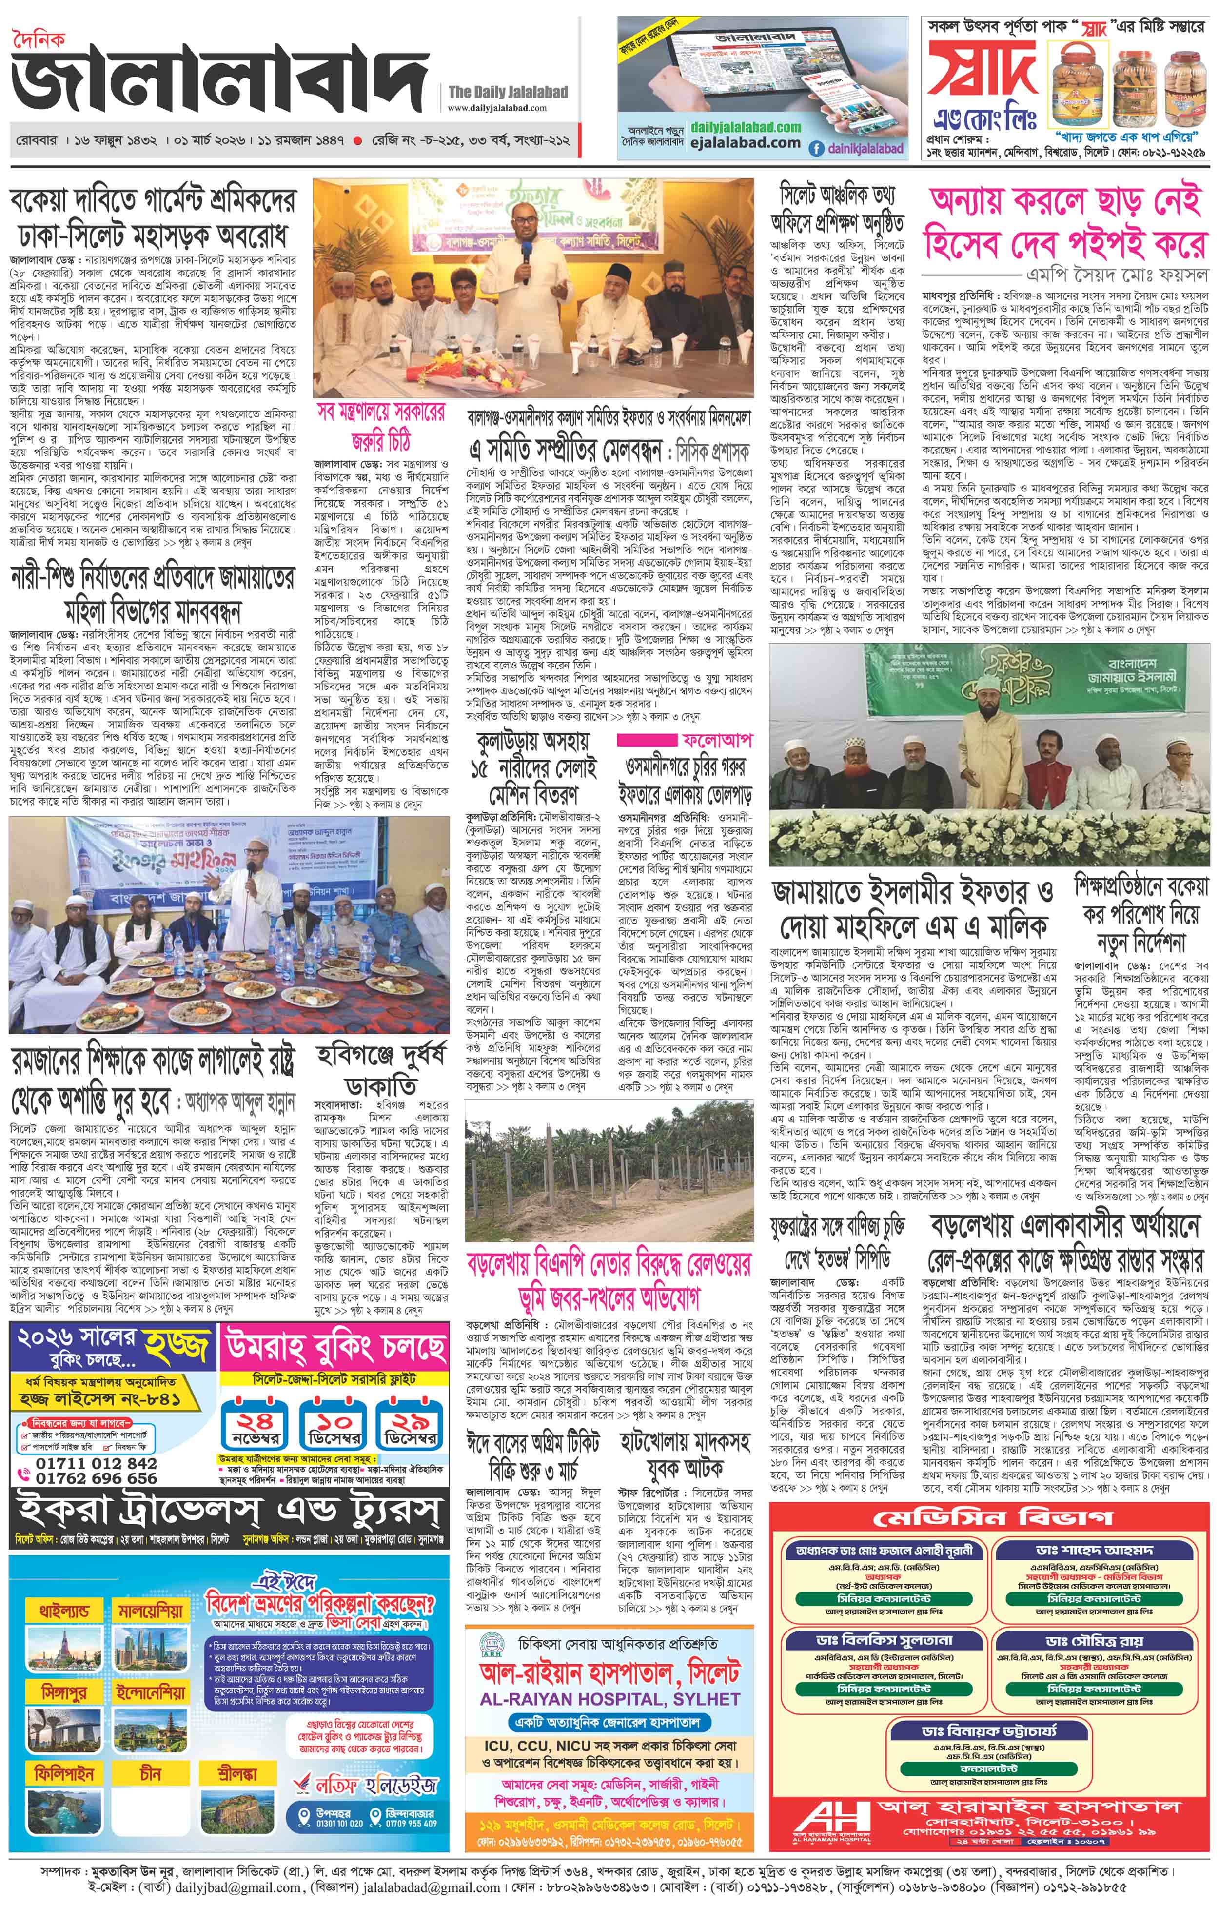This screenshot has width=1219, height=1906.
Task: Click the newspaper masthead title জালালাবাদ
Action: pos(217,87)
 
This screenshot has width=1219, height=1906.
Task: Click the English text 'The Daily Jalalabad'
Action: pos(508,92)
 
